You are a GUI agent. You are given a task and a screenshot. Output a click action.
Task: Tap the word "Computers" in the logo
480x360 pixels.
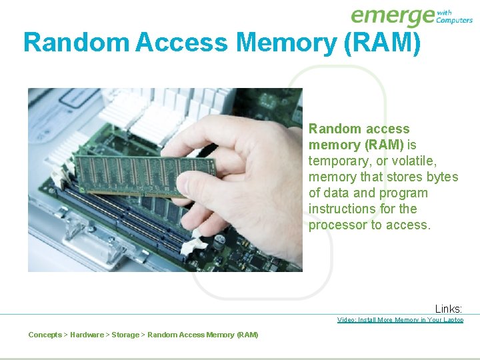[x=454, y=21]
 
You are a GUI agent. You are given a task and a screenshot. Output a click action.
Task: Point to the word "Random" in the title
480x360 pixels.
[x=75, y=43]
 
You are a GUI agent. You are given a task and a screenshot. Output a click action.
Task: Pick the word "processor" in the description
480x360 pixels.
[x=337, y=225]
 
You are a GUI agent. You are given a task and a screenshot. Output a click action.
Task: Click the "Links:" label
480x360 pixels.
[x=449, y=309]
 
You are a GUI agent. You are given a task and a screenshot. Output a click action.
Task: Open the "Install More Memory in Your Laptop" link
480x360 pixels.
[x=400, y=320]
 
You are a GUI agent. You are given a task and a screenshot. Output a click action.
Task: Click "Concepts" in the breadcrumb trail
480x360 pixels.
[x=45, y=335]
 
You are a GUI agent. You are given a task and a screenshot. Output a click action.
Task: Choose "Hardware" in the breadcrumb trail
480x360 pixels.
[x=87, y=335]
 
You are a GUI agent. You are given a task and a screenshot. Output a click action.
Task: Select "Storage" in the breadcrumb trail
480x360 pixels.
[x=125, y=335]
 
